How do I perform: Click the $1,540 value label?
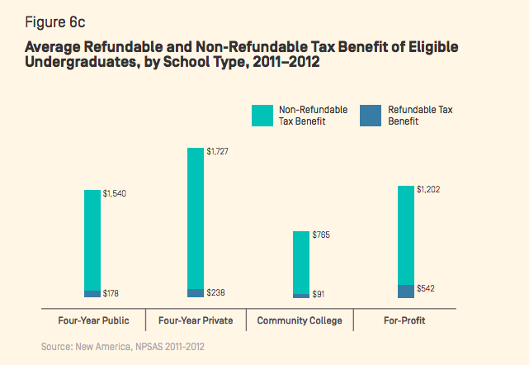point(115,193)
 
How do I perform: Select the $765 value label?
point(321,235)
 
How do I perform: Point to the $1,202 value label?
point(427,189)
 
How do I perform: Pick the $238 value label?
point(216,292)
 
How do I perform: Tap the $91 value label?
point(319,294)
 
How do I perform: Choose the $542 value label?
point(426,288)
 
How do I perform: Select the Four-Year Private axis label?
point(196,320)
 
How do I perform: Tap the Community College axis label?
point(300,320)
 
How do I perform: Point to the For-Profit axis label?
point(405,320)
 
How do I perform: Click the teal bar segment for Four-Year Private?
point(196,218)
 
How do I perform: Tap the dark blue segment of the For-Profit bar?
point(405,291)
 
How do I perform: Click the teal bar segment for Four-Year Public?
point(92,239)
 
